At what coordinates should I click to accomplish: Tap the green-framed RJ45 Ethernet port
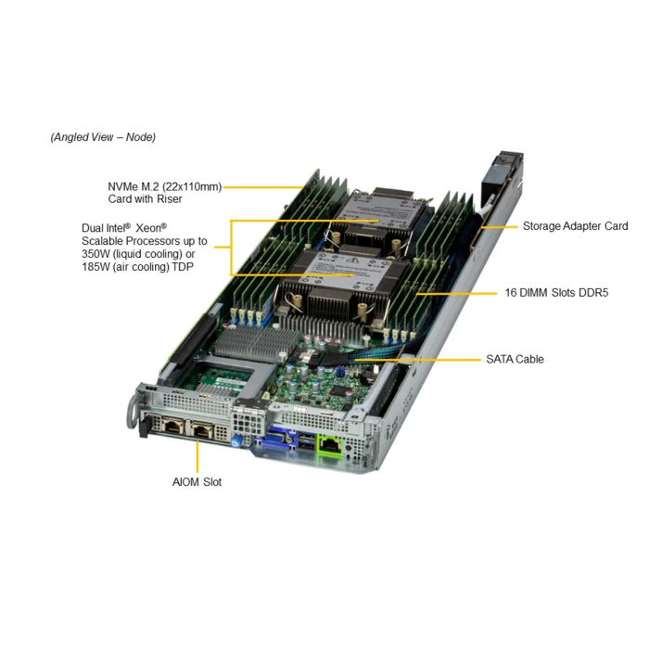pyautogui.click(x=330, y=445)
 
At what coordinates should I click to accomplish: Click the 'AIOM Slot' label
pyautogui.click(x=197, y=482)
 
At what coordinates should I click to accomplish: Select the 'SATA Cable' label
pyautogui.click(x=515, y=359)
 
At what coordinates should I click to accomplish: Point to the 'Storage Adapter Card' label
pyautogui.click(x=576, y=226)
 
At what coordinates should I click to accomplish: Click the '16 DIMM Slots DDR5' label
pyautogui.click(x=556, y=293)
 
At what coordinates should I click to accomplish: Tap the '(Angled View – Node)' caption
pyautogui.click(x=103, y=137)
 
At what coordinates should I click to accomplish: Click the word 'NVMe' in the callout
pyautogui.click(x=123, y=186)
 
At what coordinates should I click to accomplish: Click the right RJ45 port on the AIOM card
pyautogui.click(x=202, y=430)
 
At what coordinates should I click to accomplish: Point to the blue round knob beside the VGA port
pyautogui.click(x=235, y=440)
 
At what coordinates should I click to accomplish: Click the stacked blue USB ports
pyautogui.click(x=305, y=440)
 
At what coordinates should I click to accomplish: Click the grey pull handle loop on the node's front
pyautogui.click(x=133, y=414)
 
